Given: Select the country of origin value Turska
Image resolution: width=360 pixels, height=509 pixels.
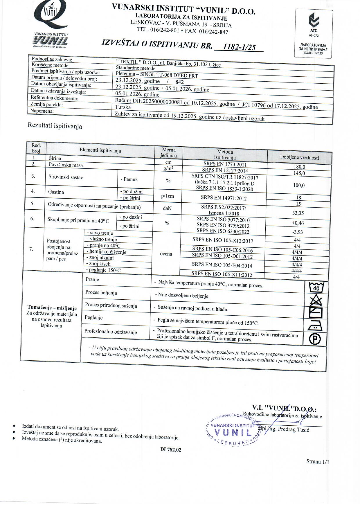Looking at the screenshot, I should click(x=123, y=107).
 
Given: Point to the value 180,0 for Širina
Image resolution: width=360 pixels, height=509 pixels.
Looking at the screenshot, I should click(x=300, y=167).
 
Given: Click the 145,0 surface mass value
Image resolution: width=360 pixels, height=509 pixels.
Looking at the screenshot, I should click(x=300, y=173).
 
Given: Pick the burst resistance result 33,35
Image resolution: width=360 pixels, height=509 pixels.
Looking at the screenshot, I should click(x=298, y=213).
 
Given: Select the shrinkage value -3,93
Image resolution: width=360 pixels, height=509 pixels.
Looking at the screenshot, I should click(x=298, y=232).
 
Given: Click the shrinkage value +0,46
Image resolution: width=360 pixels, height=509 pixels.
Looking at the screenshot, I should click(x=298, y=223).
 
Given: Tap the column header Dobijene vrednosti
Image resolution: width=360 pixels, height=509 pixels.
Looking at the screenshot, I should click(x=299, y=157).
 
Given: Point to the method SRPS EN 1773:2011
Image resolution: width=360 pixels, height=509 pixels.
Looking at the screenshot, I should click(x=225, y=164).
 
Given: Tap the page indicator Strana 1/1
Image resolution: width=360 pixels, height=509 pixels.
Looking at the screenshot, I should click(x=318, y=462).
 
